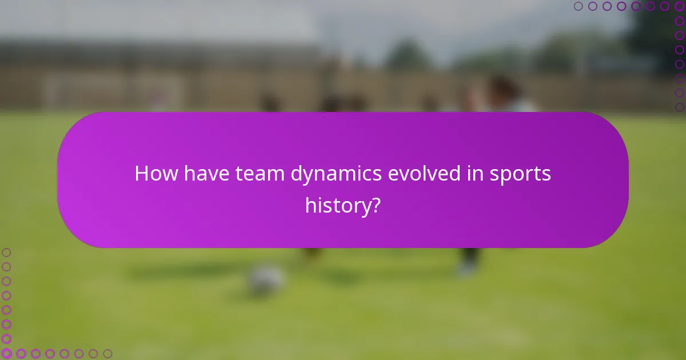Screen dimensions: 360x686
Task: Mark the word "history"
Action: click(337, 206)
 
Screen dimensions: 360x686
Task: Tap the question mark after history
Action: click(375, 205)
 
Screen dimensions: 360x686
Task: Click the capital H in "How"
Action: click(141, 174)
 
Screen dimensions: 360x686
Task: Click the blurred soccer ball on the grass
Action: click(266, 279)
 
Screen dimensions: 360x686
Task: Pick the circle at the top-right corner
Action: click(679, 6)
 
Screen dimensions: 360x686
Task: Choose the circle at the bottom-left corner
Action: click(6, 354)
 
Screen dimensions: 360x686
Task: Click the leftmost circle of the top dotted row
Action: click(578, 6)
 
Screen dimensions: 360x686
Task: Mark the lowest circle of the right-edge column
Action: click(679, 107)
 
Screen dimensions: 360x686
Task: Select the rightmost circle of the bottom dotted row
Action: click(107, 354)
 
